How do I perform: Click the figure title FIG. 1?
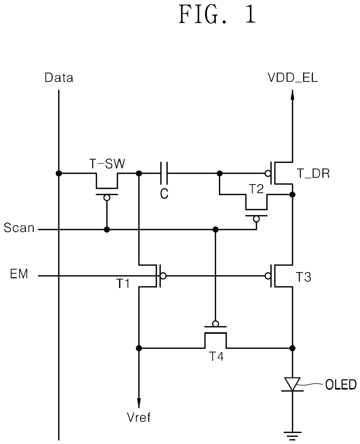217,15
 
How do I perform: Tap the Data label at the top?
59,78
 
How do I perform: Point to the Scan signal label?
19,228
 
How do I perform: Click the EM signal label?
19,274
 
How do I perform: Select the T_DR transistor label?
313,173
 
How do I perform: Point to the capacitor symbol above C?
164,173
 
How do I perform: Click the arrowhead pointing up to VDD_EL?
292,95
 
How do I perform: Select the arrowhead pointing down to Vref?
139,403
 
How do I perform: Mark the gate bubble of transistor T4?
215,324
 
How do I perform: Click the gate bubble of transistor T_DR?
268,173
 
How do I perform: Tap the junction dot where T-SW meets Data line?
59,173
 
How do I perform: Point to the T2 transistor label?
256,189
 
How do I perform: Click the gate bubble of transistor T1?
163,276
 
